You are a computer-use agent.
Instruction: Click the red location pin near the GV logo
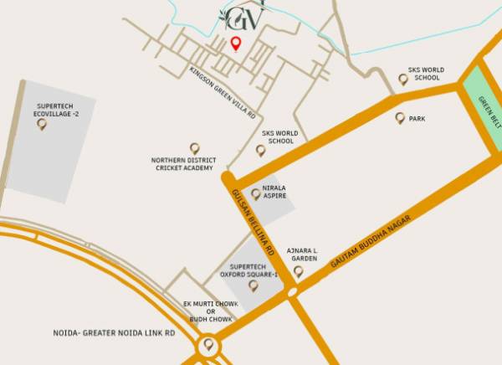click(x=236, y=44)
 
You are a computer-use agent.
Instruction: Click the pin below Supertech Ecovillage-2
click(x=42, y=125)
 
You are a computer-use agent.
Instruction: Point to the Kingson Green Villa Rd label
click(x=223, y=93)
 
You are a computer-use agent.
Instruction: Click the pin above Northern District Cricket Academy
click(x=195, y=148)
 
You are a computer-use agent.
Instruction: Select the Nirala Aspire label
click(x=274, y=192)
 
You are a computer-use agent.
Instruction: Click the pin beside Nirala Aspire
click(x=255, y=193)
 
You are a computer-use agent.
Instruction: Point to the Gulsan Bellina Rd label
click(x=253, y=221)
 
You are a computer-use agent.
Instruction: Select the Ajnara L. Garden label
click(x=304, y=254)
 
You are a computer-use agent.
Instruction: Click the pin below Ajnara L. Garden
click(x=299, y=270)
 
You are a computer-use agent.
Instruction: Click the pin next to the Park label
click(x=400, y=118)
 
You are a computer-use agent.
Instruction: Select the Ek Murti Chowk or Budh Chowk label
click(x=210, y=311)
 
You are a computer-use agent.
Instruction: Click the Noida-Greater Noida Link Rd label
click(x=125, y=332)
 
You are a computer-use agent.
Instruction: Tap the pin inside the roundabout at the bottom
click(x=208, y=344)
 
